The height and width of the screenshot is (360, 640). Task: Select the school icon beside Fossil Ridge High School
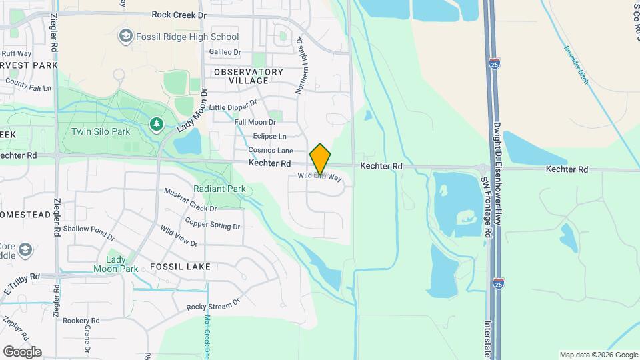125,35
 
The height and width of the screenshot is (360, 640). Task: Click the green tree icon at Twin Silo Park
156,123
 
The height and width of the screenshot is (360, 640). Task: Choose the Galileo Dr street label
225,52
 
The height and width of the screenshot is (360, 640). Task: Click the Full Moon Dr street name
255,122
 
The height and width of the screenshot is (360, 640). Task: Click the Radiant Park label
219,189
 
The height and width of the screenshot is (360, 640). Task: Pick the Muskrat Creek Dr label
190,199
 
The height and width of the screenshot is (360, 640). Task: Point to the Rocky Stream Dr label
213,306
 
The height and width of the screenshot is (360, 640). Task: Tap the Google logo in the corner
22,352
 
